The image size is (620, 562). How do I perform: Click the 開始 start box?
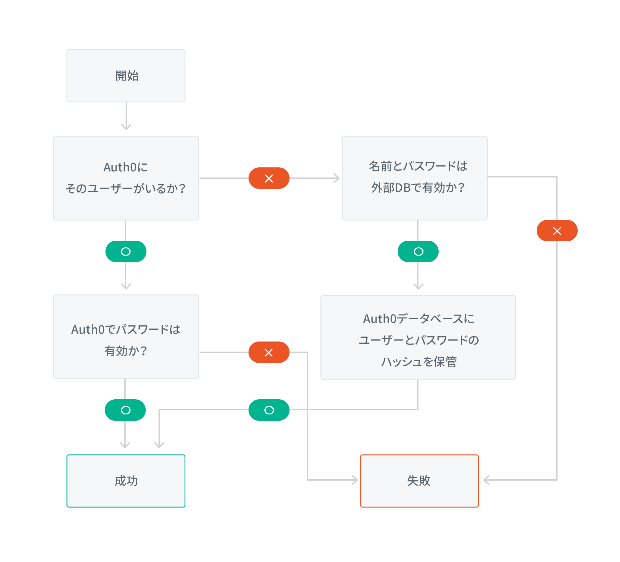click(126, 76)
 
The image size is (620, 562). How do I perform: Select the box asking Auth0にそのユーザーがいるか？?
click(126, 178)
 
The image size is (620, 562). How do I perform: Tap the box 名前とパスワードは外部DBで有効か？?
click(414, 178)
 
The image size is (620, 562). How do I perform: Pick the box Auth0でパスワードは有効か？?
click(126, 337)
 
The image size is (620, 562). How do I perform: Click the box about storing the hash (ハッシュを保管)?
click(418, 337)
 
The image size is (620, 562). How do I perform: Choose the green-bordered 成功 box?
click(126, 481)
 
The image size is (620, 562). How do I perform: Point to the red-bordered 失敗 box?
click(419, 481)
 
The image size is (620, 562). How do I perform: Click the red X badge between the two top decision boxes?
click(269, 178)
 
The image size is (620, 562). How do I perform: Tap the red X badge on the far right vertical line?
click(557, 231)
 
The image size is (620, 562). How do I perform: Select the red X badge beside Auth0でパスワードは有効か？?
click(269, 352)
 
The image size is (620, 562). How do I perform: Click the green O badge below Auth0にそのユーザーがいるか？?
click(126, 251)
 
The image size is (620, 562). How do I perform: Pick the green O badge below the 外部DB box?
click(418, 251)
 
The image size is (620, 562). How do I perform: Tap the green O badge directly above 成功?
click(125, 410)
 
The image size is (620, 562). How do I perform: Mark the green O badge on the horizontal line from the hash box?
click(269, 410)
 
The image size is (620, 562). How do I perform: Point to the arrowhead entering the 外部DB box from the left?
click(337, 178)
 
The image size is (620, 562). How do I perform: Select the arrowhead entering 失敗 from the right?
click(486, 480)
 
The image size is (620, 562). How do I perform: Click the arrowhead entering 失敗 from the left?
click(355, 480)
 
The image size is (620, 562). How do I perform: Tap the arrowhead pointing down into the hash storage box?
click(418, 286)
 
